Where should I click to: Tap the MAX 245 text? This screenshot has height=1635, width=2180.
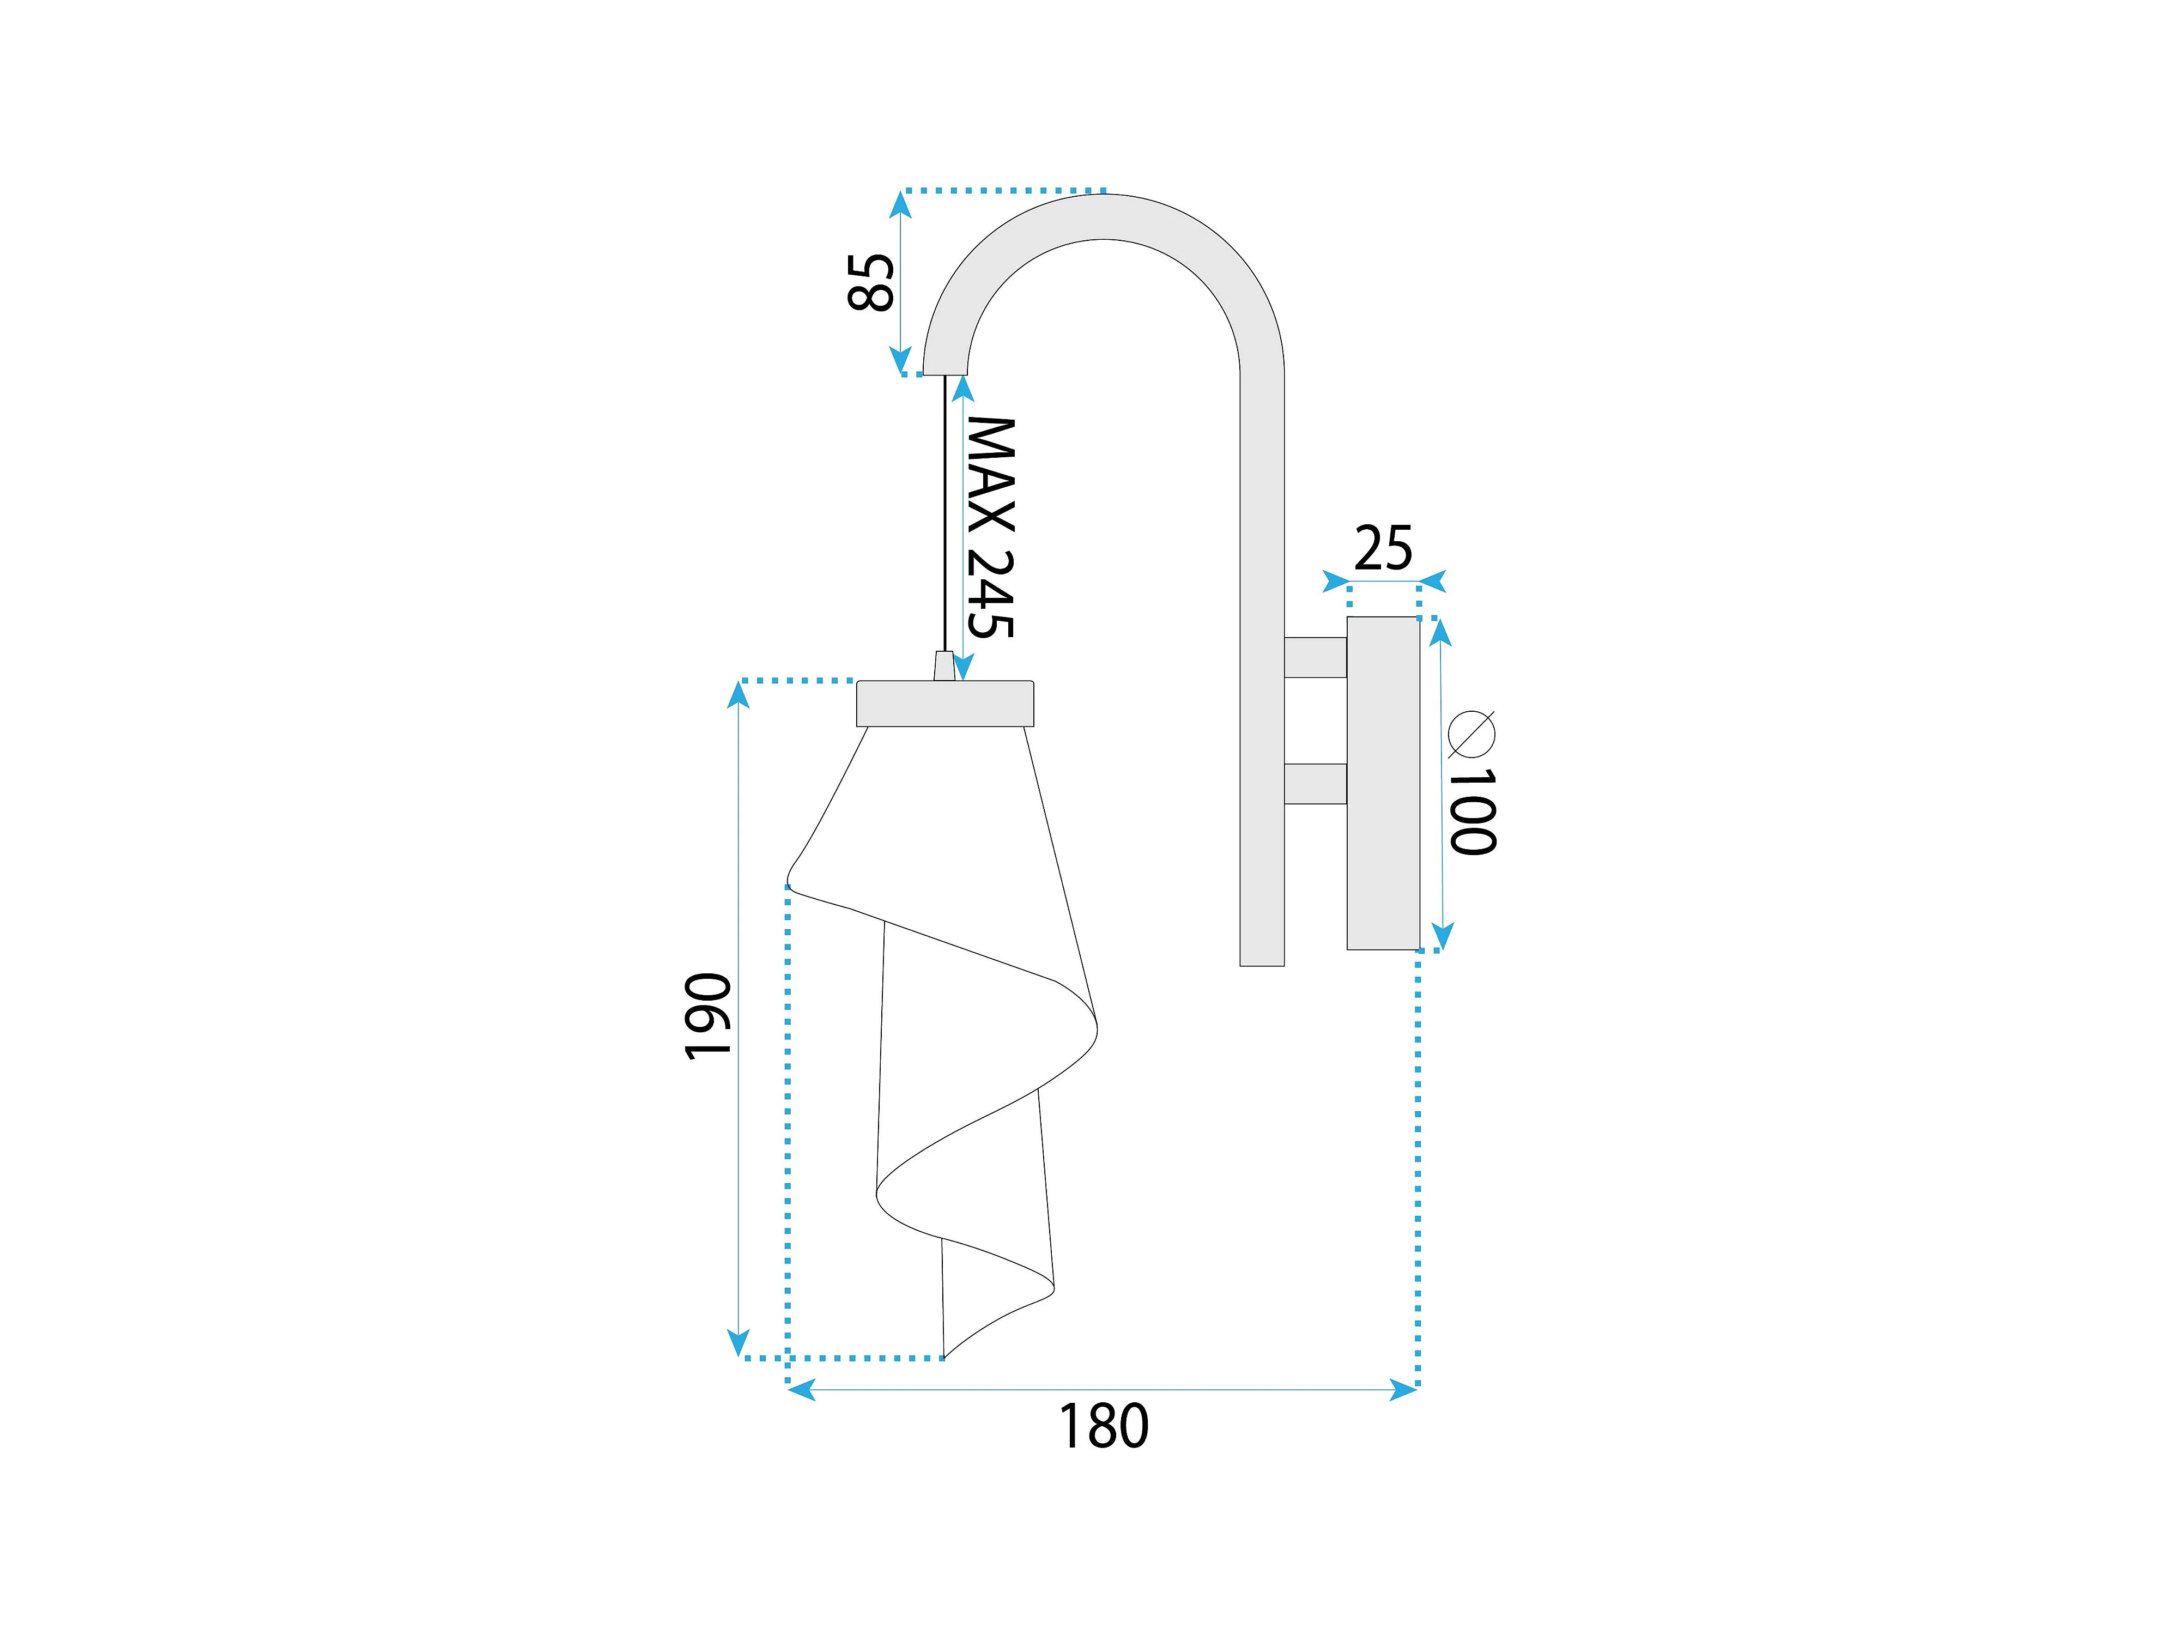point(990,527)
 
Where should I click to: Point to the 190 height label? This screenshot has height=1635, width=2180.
point(707,1016)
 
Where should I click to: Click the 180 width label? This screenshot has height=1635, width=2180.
point(1103,1426)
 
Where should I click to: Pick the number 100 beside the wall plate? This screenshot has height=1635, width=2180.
point(1473,811)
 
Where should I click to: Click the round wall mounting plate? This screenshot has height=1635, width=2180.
point(1383,784)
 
